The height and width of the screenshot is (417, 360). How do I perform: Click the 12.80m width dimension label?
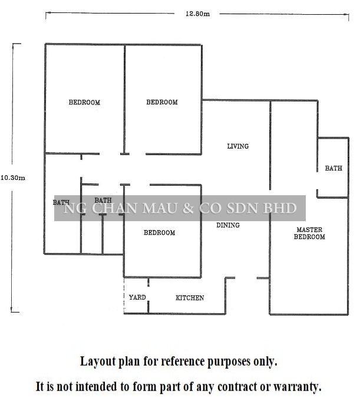click(197, 14)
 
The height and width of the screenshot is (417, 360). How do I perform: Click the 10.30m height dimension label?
click(13, 178)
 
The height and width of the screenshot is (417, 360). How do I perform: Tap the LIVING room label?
click(238, 146)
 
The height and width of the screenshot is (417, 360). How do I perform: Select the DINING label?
click(228, 225)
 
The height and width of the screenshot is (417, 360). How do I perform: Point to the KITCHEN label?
click(190, 298)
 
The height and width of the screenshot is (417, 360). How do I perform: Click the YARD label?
click(137, 297)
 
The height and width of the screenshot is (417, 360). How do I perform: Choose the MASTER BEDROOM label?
click(309, 233)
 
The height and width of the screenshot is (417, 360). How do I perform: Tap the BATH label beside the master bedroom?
click(333, 168)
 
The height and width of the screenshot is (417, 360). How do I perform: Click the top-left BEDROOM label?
click(84, 103)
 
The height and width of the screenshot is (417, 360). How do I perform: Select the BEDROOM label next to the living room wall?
click(162, 102)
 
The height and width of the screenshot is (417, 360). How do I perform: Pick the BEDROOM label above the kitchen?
click(159, 233)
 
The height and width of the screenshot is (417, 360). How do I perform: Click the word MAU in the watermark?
click(160, 208)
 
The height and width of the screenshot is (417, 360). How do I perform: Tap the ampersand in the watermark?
click(188, 208)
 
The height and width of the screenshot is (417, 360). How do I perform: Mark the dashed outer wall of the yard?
click(124, 295)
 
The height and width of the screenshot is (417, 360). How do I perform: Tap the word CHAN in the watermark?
click(115, 208)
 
